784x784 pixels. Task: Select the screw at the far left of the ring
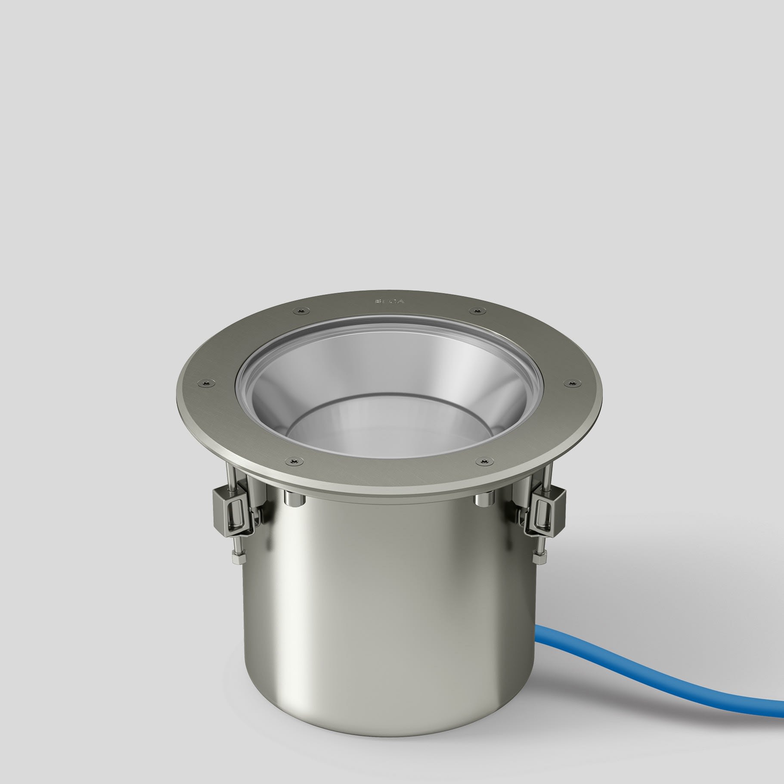click(x=206, y=382)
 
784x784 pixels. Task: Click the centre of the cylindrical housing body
click(x=387, y=603)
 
